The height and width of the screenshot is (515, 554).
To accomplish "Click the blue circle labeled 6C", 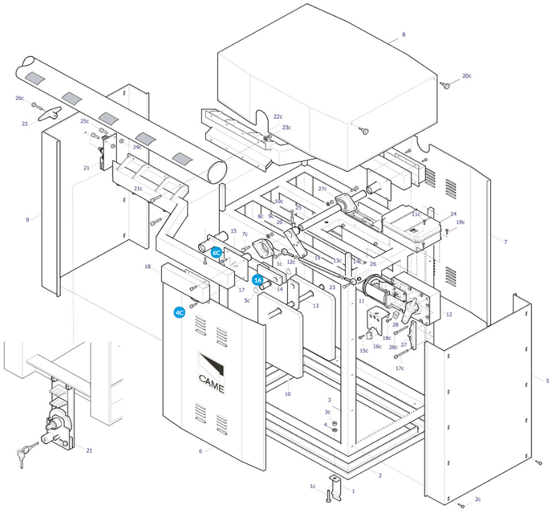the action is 216,253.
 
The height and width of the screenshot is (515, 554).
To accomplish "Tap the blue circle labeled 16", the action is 258,280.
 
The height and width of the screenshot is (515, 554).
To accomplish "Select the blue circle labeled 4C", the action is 179,312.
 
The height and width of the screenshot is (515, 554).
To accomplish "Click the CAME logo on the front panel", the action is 211,373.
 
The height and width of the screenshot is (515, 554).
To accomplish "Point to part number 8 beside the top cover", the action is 403,34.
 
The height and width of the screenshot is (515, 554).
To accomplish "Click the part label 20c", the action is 466,76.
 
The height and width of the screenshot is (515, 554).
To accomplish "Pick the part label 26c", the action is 20,98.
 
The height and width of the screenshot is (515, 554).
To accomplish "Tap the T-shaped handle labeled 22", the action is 50,113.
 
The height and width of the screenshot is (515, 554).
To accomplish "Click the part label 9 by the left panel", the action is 28,220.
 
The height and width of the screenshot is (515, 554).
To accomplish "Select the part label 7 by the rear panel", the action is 506,242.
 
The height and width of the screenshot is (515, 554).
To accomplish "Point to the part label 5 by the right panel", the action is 547,381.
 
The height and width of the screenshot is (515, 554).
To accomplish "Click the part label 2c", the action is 478,499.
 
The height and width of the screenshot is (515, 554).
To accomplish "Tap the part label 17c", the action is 400,368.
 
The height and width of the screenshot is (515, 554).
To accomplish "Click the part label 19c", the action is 460,222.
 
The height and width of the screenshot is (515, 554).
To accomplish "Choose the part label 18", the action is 148,266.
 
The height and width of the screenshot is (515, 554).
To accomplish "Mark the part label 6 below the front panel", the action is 200,451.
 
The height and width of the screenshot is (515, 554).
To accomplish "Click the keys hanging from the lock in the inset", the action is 25,454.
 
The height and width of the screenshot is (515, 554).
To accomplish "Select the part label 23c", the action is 286,127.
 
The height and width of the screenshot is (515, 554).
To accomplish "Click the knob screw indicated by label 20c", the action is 446,85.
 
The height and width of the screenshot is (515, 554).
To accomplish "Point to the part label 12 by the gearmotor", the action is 449,314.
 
